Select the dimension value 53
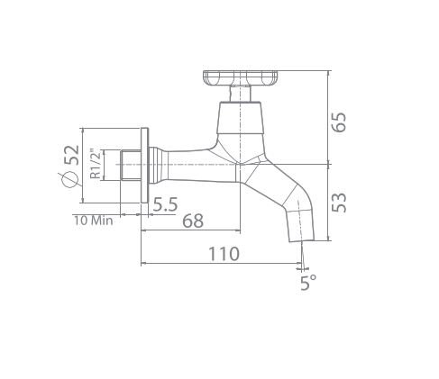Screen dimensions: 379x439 point(339,203)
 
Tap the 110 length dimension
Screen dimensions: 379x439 point(224,254)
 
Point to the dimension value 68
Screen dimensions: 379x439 point(192,221)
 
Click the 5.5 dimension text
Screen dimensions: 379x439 point(164,205)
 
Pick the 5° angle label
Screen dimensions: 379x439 point(308,283)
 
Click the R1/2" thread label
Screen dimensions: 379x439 point(95,166)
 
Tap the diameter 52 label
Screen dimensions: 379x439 point(72,166)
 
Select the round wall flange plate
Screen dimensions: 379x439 point(143,166)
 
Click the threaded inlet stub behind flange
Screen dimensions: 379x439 point(129,166)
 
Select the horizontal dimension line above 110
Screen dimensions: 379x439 point(223,264)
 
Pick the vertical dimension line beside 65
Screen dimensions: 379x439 point(328,118)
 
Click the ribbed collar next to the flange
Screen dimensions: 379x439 point(160,165)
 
